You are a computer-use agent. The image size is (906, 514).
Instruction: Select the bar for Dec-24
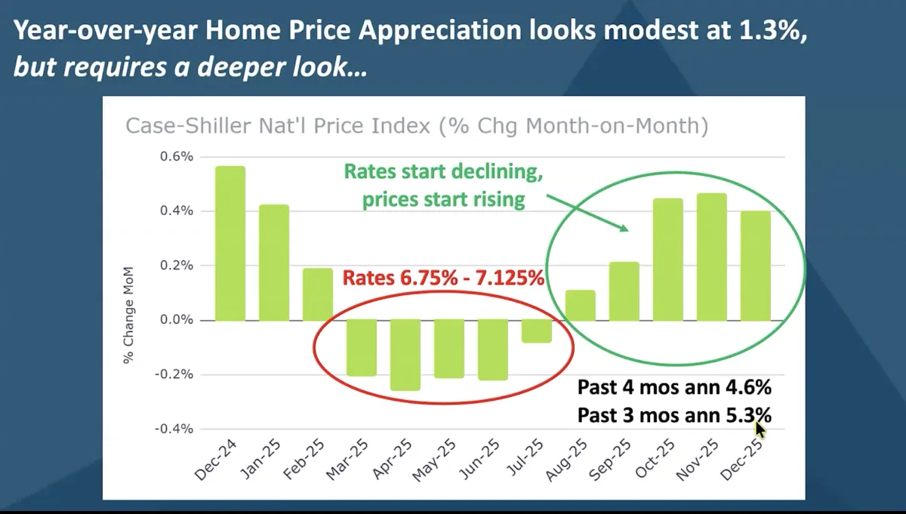(x=230, y=243)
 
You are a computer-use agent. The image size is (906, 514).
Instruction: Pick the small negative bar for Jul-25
(x=537, y=331)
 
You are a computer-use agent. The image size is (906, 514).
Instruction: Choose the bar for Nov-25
(x=712, y=257)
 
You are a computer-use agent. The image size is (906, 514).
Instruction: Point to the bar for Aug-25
(x=581, y=306)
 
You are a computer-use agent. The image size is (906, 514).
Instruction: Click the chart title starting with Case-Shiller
(x=417, y=125)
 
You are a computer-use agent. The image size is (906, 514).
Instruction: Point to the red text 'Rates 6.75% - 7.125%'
(x=443, y=278)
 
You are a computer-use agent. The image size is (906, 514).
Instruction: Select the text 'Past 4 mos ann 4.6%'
(x=674, y=388)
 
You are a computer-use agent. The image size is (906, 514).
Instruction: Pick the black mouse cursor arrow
(x=760, y=429)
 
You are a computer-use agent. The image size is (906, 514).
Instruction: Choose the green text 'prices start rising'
(x=443, y=199)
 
